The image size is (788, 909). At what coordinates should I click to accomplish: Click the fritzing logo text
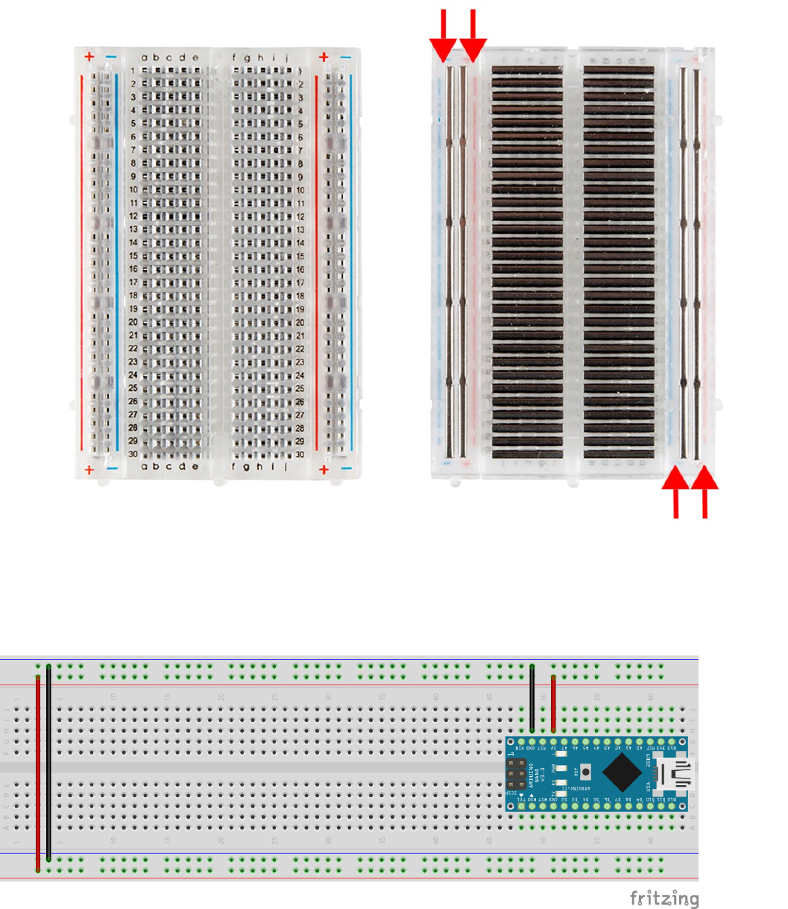664,898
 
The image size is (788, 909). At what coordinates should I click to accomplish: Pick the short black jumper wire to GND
532,699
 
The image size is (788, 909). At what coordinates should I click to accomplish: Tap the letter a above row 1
145,57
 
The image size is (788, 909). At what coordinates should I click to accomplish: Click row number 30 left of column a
133,454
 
